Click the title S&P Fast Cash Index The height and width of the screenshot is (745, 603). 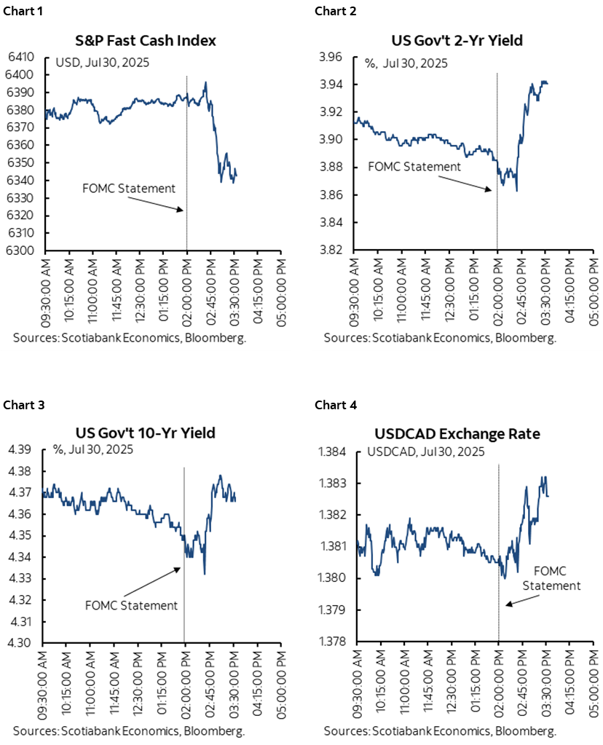[149, 40]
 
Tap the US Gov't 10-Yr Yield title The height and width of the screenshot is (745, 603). [149, 433]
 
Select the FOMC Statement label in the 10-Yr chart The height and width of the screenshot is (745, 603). [131, 605]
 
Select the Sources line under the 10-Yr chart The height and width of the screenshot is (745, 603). [128, 730]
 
